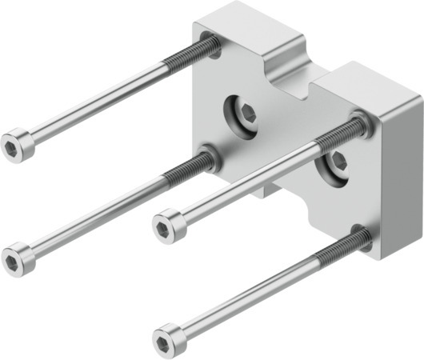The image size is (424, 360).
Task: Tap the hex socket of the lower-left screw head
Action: point(13,259)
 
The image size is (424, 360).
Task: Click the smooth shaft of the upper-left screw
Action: point(96,104)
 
